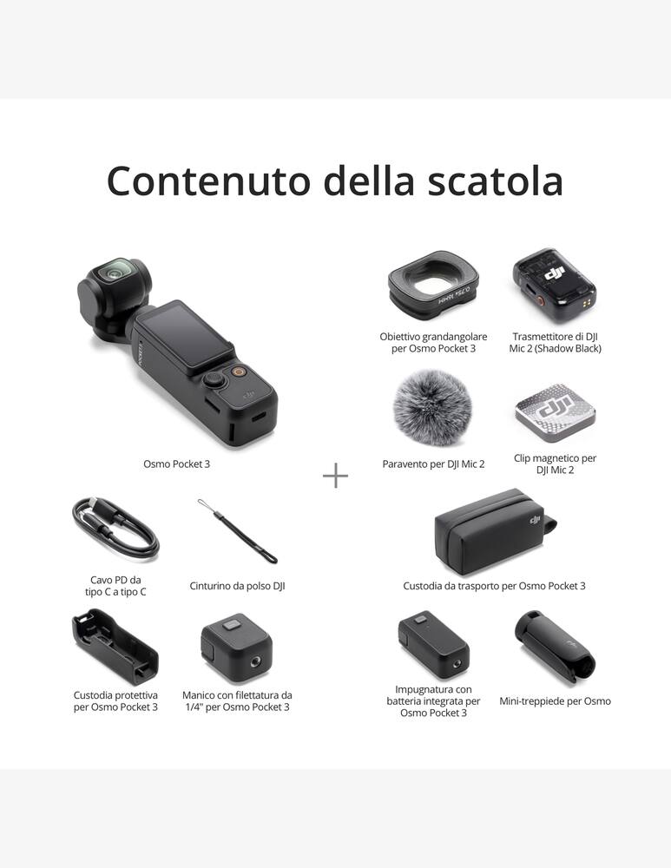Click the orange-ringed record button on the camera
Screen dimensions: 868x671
237,372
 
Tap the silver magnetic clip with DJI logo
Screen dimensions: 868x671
555,411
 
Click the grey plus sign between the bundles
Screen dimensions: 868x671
335,475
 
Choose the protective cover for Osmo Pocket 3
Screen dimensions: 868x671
115,648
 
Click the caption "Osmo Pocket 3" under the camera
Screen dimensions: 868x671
176,464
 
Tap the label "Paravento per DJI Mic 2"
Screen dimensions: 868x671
433,464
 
